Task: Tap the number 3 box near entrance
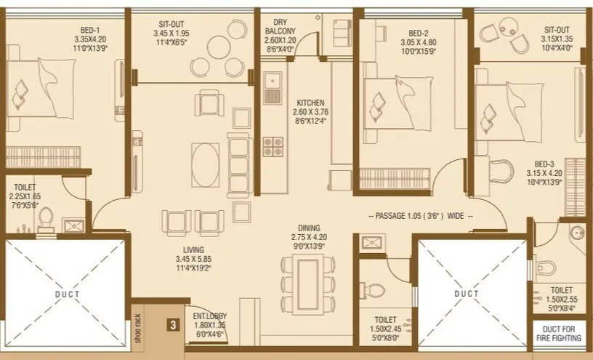pyautogui.click(x=172, y=326)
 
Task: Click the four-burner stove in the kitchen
pyautogui.click(x=273, y=148)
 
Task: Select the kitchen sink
pyautogui.click(x=273, y=87)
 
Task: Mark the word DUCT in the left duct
pyautogui.click(x=66, y=294)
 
